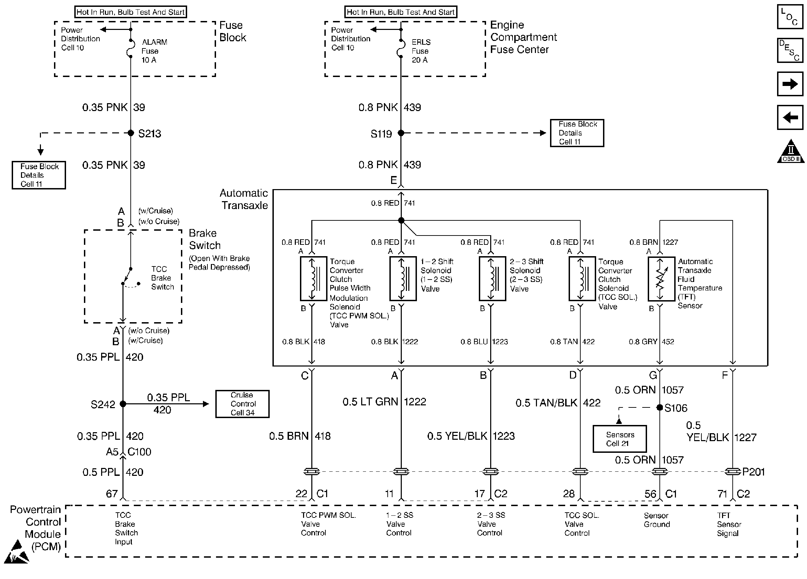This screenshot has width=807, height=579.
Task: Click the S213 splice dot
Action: click(131, 133)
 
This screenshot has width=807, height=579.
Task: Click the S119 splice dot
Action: click(401, 133)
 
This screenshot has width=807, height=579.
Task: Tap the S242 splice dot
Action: click(123, 404)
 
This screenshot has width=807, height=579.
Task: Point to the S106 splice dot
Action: click(660, 407)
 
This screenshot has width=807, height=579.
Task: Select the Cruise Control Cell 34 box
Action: click(242, 404)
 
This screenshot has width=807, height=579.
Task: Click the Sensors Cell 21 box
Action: click(620, 439)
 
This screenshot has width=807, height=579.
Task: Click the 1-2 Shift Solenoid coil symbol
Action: click(403, 279)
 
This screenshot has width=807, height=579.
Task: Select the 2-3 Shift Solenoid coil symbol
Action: click(493, 279)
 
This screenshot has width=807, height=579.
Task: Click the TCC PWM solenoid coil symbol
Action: click(313, 279)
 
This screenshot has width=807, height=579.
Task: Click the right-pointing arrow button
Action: click(790, 84)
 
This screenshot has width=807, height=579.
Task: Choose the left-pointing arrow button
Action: click(790, 117)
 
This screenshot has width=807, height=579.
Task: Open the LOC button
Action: click(790, 17)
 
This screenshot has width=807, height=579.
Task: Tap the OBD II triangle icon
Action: click(790, 152)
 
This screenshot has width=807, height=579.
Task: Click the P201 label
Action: click(753, 472)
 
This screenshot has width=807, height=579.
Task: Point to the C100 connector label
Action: click(139, 452)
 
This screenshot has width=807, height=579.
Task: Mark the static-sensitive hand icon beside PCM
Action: click(17, 551)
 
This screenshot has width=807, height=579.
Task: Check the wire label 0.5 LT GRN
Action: click(370, 402)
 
